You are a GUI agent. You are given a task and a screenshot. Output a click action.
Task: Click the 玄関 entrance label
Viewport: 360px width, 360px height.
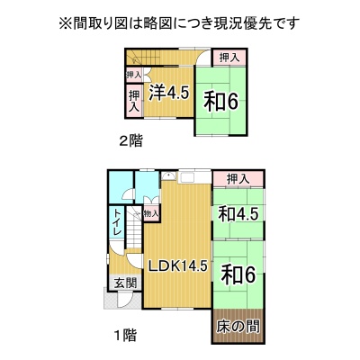click(126, 283)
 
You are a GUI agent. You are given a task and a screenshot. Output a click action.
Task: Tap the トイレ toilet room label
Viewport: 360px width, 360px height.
click(117, 222)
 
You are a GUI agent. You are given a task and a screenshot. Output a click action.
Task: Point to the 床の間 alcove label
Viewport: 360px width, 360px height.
click(238, 326)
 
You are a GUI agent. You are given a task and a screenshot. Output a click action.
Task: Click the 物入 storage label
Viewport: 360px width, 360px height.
click(151, 214)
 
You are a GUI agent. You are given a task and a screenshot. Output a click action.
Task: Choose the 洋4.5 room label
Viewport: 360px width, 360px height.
click(169, 93)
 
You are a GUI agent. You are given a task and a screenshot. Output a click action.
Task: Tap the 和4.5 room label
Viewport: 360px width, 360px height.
click(238, 214)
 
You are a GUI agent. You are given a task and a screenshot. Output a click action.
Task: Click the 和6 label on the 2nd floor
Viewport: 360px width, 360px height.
click(221, 102)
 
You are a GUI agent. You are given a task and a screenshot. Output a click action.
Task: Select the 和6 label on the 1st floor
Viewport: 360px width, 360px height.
click(238, 274)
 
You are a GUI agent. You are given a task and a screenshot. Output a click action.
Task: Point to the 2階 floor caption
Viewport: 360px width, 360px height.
click(130, 140)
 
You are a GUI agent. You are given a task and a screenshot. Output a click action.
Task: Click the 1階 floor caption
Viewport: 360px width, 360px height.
click(126, 335)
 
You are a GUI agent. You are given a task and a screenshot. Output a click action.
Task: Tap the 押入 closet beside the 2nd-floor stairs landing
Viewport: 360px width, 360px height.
click(229, 58)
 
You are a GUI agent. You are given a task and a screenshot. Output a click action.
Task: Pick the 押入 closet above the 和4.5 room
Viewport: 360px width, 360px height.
click(238, 179)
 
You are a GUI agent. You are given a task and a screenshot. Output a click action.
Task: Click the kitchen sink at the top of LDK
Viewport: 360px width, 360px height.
click(169, 175)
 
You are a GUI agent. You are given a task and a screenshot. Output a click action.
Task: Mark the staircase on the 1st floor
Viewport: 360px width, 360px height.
click(133, 228)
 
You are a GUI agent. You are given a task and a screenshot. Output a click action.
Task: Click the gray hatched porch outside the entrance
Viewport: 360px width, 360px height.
click(121, 298)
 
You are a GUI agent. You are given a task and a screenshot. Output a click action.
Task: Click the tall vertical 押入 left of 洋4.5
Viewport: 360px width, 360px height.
click(134, 102)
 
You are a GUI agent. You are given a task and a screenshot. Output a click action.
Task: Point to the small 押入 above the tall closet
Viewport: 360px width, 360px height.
click(134, 75)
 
